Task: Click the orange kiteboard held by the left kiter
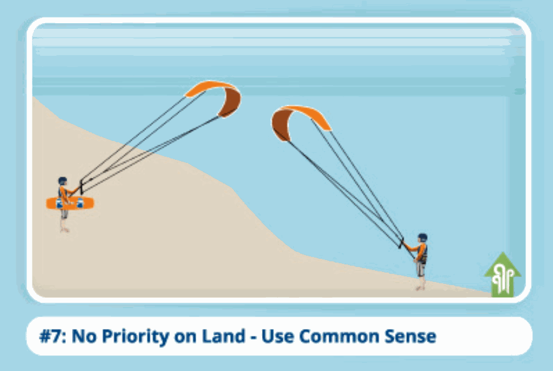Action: tap(70, 203)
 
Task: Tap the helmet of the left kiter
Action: tap(63, 181)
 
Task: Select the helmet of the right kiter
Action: tap(423, 238)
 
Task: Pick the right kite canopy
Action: tap(298, 120)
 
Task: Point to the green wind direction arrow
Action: tap(503, 274)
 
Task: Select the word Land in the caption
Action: tap(224, 336)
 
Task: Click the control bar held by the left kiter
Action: tap(82, 187)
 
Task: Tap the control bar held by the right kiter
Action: tap(401, 243)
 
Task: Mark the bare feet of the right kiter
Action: tap(420, 288)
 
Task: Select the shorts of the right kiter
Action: tap(420, 269)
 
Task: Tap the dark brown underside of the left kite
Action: tap(231, 102)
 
